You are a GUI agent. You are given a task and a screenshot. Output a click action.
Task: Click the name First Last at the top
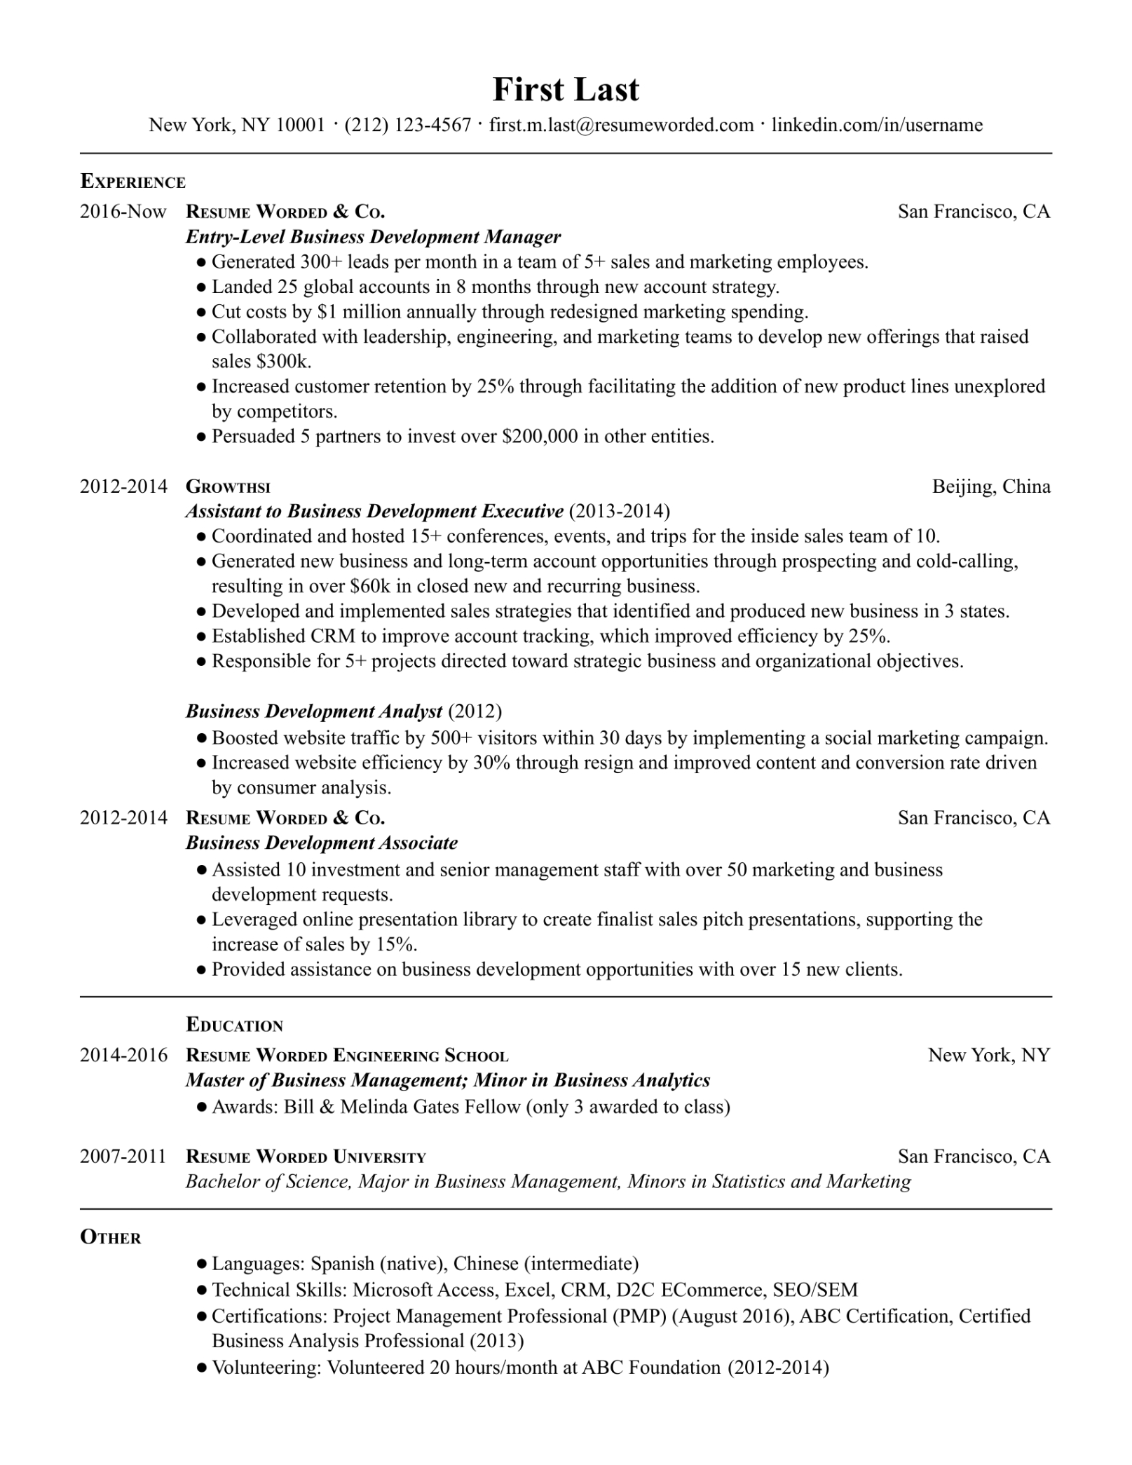[566, 90]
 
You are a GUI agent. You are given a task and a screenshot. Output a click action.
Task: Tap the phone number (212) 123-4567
[408, 125]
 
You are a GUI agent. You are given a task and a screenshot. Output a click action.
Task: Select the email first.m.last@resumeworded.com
[621, 125]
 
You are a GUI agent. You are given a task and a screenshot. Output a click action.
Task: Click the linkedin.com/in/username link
[877, 125]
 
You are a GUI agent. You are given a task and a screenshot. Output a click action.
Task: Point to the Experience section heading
[133, 182]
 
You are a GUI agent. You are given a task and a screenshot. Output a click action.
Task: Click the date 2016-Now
[123, 211]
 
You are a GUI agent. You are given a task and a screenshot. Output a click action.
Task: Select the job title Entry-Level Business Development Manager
[373, 237]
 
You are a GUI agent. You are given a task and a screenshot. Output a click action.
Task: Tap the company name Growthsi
[228, 486]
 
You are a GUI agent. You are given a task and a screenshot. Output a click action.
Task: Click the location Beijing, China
[991, 486]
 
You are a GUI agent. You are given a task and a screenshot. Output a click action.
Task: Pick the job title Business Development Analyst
[314, 711]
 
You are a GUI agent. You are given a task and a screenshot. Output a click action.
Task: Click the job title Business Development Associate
[322, 843]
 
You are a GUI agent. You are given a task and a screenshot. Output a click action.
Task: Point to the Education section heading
[234, 1025]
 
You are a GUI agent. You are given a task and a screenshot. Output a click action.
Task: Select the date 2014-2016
[124, 1055]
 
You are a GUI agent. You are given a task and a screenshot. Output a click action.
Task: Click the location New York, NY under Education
[989, 1055]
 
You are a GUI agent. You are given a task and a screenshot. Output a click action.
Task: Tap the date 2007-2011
[123, 1156]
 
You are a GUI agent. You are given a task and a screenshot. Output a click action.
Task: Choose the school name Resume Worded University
[306, 1157]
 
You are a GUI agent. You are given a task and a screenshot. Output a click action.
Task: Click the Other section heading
[111, 1237]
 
